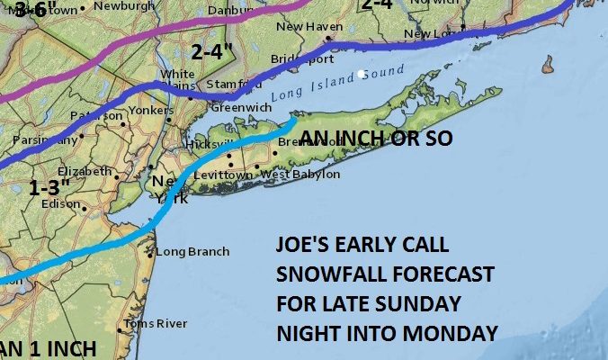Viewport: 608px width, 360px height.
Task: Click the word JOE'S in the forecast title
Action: coord(304,246)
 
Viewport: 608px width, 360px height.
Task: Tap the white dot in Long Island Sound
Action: coord(361,74)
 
